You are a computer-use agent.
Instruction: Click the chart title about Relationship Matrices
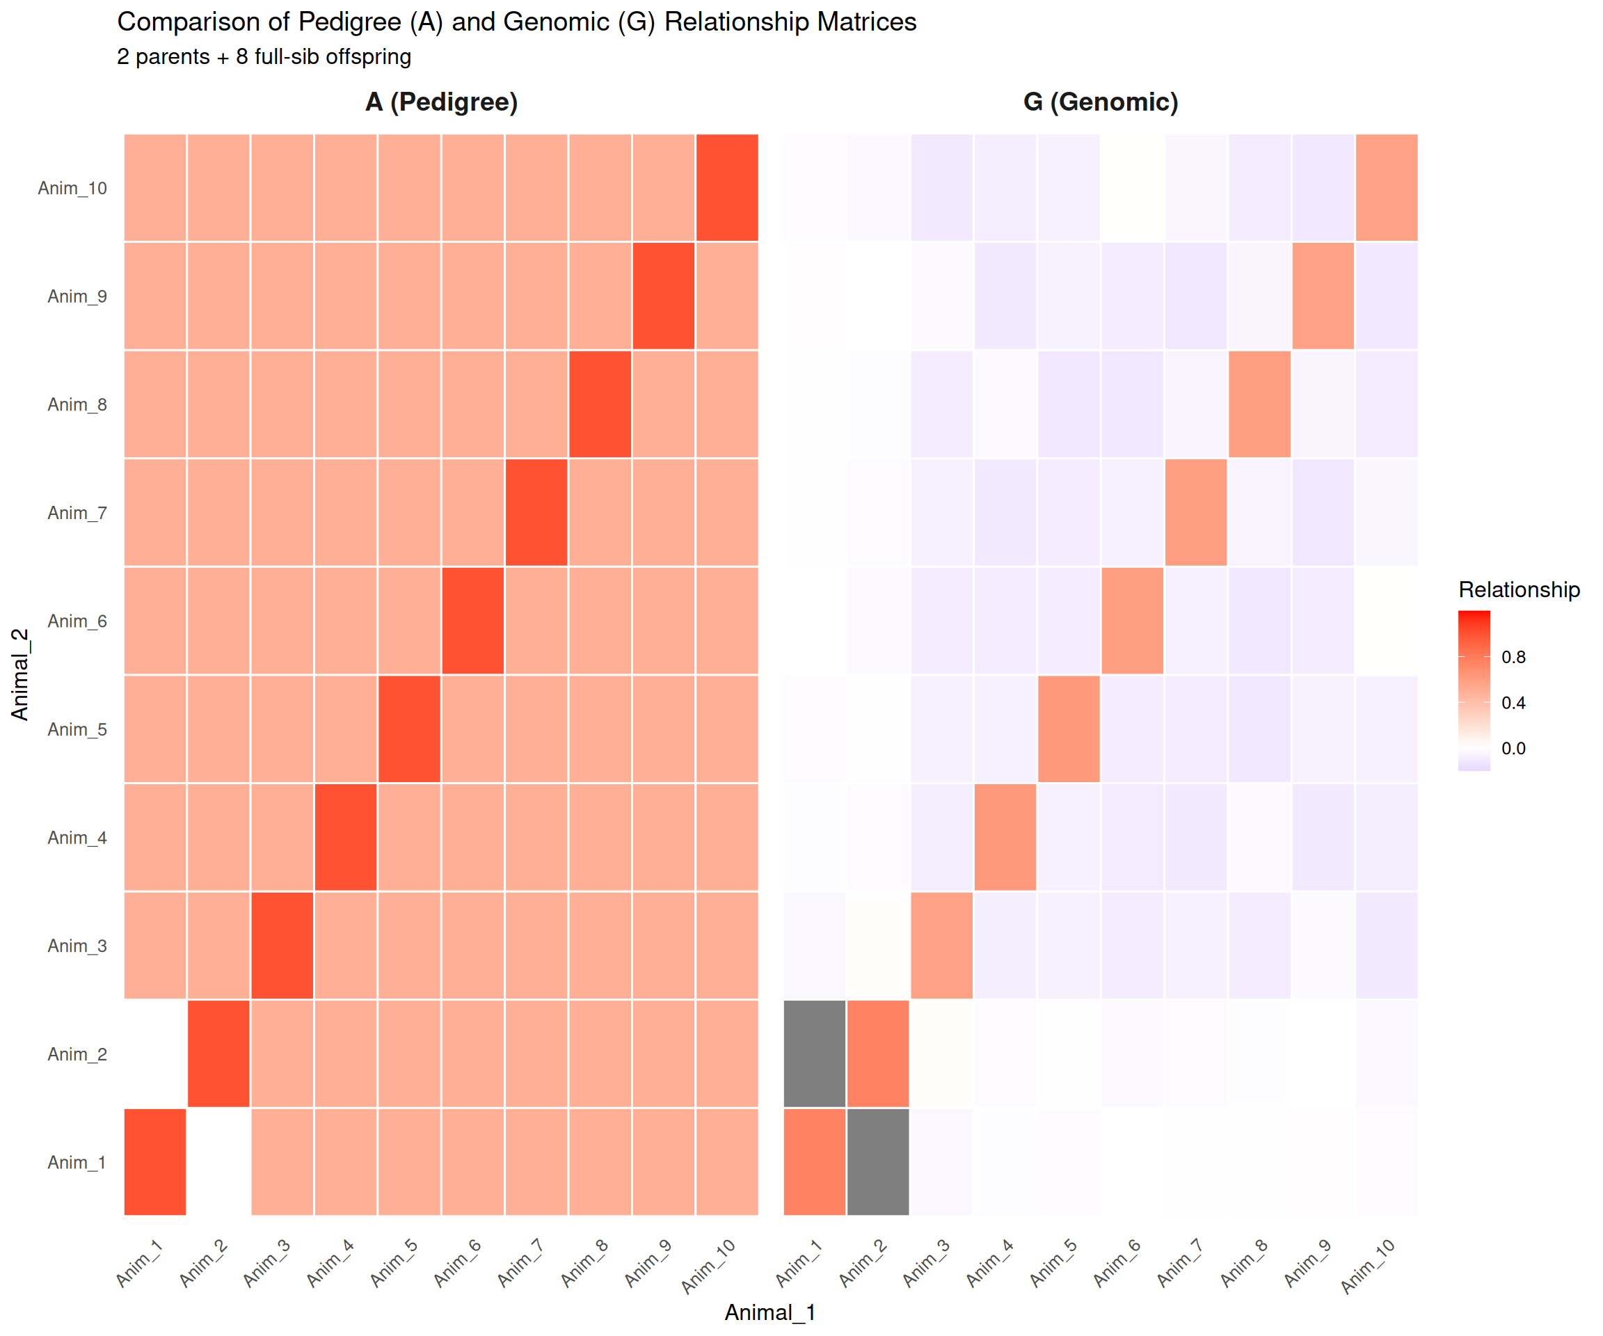click(x=516, y=22)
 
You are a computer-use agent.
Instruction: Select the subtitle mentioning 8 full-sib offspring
click(x=264, y=56)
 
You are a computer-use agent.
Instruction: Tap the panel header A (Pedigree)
click(x=441, y=102)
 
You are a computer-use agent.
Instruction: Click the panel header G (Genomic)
click(x=1100, y=102)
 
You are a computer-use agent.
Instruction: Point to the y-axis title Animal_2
click(x=20, y=674)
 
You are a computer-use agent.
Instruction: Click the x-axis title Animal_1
click(x=769, y=1312)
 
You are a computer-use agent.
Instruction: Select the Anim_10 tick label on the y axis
click(x=72, y=188)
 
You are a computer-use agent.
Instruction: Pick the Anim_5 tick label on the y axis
click(x=77, y=729)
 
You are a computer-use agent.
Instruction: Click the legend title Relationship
click(x=1518, y=589)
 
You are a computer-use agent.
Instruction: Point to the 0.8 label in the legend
click(x=1513, y=658)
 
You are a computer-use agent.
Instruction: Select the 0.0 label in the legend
click(x=1513, y=748)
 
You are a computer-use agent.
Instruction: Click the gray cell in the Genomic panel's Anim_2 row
click(x=815, y=1053)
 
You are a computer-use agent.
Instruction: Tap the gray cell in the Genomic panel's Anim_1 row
click(x=878, y=1161)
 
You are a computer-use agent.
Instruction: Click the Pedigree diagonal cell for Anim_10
click(x=726, y=188)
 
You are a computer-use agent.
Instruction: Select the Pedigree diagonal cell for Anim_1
click(x=155, y=1161)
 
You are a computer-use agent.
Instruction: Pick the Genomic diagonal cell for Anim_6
click(x=1132, y=621)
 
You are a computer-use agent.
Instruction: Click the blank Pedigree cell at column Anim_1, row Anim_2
click(x=155, y=1053)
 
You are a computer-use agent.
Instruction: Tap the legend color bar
click(x=1473, y=690)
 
